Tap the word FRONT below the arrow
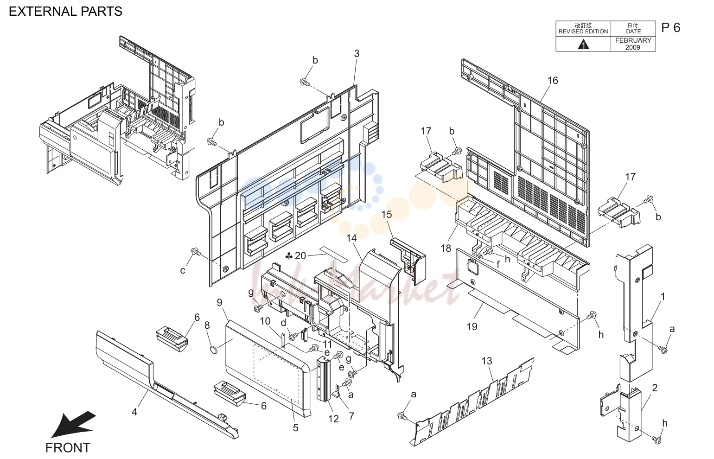coord(68,448)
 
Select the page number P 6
coord(670,28)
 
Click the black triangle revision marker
coord(583,45)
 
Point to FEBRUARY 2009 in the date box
coord(633,44)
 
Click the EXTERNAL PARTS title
coord(65,12)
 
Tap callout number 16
coord(553,80)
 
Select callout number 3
coord(357,54)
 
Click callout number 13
coord(487,361)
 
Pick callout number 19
coord(472,326)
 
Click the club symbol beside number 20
coord(289,255)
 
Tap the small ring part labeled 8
coord(214,351)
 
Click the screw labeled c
coord(196,252)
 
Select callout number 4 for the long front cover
coord(134,412)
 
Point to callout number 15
coord(387,215)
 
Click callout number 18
coord(446,248)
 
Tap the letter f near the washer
coord(498,264)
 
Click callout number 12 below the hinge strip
coord(333,419)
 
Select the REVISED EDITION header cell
coord(583,29)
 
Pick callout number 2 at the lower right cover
coord(655,388)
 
